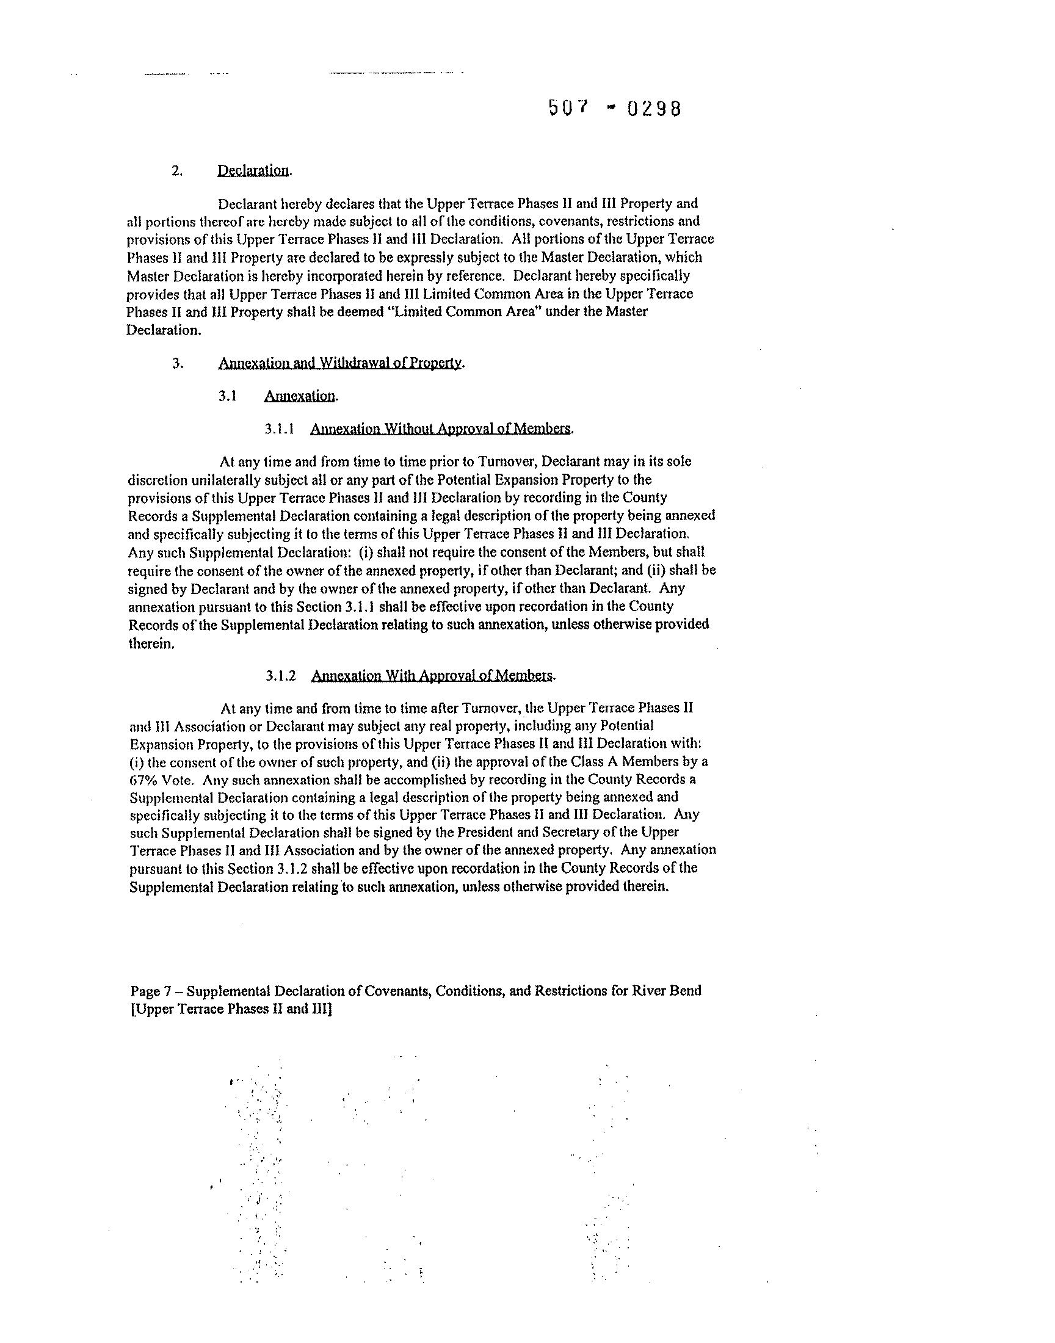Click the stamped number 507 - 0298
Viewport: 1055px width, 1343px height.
coord(615,109)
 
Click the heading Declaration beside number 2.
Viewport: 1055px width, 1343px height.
coord(253,170)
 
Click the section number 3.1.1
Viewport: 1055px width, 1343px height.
coord(279,429)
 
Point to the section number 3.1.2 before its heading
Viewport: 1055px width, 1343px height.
coord(281,676)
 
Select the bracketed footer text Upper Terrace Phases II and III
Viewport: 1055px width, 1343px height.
coord(231,1010)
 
